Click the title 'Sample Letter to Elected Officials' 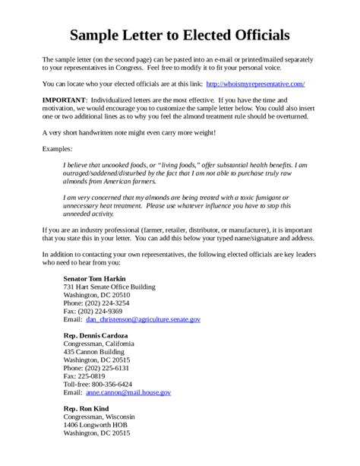click(180, 35)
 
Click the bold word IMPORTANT click(65, 99)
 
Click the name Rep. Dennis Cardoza click(95, 335)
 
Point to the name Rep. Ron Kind click(87, 407)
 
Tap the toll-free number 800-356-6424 click(112, 384)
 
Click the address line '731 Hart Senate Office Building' click(109, 287)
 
